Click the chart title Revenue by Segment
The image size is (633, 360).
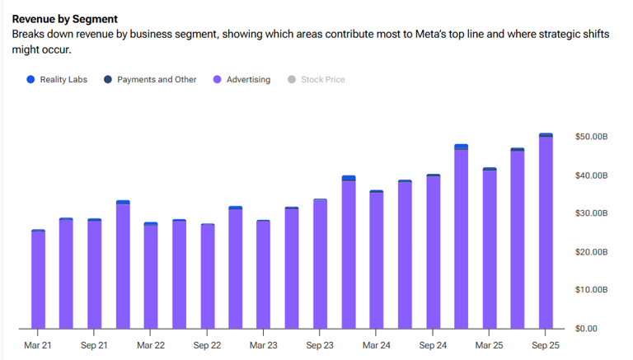[64, 19]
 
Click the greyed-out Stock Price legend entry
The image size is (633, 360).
[322, 80]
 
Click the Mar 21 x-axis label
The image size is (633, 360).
[38, 345]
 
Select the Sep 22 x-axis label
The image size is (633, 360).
[207, 345]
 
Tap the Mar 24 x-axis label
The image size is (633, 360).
[376, 345]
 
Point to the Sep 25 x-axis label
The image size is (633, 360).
[546, 345]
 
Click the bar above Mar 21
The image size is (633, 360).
[38, 280]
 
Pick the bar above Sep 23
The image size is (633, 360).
[320, 264]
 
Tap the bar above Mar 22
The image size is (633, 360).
[151, 276]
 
